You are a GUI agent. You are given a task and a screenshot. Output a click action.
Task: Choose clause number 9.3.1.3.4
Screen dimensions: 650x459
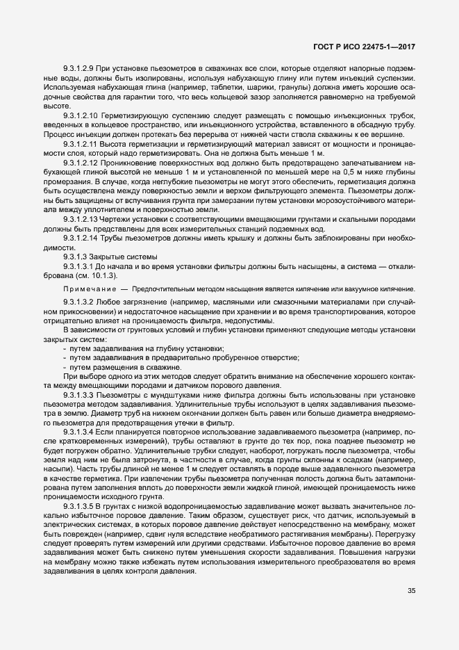click(x=79, y=432)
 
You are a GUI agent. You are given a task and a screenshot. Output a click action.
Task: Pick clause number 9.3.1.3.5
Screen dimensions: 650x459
click(x=79, y=507)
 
